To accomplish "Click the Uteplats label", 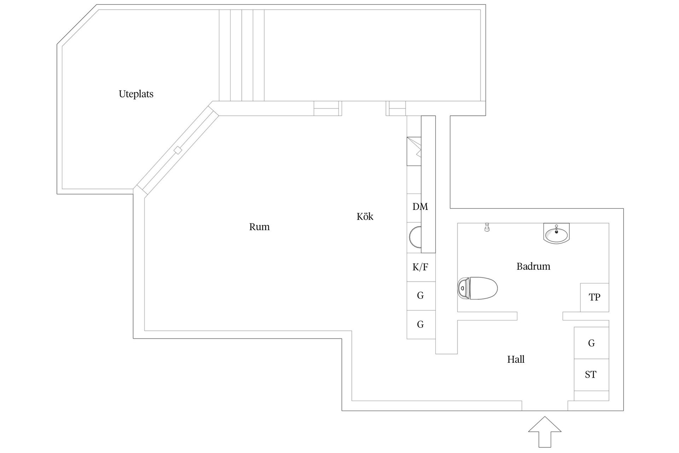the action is point(136,94).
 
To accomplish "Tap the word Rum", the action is point(259,227).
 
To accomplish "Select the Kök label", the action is point(365,216).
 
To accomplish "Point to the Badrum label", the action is point(533,266).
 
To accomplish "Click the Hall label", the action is point(516,360).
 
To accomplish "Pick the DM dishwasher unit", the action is point(414,208).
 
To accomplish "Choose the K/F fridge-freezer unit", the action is point(421,267).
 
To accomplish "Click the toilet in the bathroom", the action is point(477,288).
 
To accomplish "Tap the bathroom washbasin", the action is point(556,234).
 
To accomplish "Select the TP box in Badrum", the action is point(594,297).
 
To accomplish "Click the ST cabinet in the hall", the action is point(591,375).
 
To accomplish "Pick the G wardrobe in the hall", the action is point(591,343).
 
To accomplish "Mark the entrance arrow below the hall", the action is point(545,431).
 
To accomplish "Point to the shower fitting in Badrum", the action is point(487,227).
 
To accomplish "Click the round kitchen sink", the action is point(415,237).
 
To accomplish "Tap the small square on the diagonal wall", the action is point(178,150).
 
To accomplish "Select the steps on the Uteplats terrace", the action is point(242,55).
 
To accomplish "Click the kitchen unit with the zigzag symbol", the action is point(414,151).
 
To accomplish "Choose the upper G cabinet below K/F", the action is point(421,296).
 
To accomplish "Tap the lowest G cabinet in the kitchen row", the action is point(421,325).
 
